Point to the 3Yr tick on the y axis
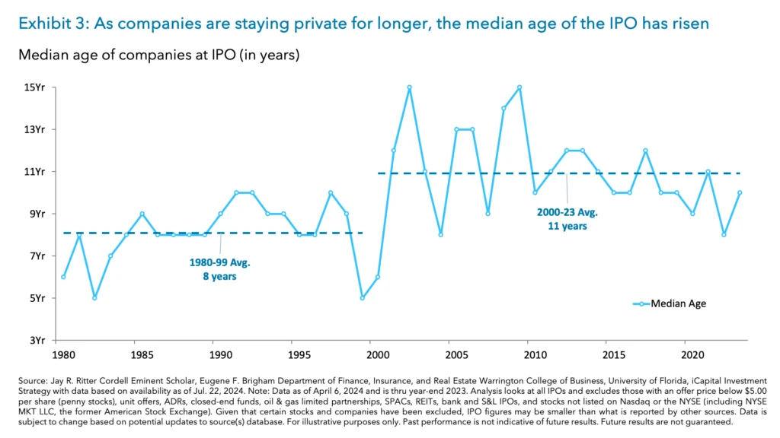click(x=35, y=340)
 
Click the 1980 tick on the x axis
click(x=63, y=354)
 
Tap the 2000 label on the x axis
click(x=378, y=354)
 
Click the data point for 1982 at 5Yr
click(x=94, y=297)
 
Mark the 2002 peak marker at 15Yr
click(x=409, y=87)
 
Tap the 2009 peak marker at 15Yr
click(x=519, y=87)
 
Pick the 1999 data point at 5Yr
click(x=362, y=297)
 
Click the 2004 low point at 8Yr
click(x=440, y=234)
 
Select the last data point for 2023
click(x=739, y=192)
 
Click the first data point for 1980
click(x=63, y=277)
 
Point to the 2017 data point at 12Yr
click(x=645, y=151)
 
